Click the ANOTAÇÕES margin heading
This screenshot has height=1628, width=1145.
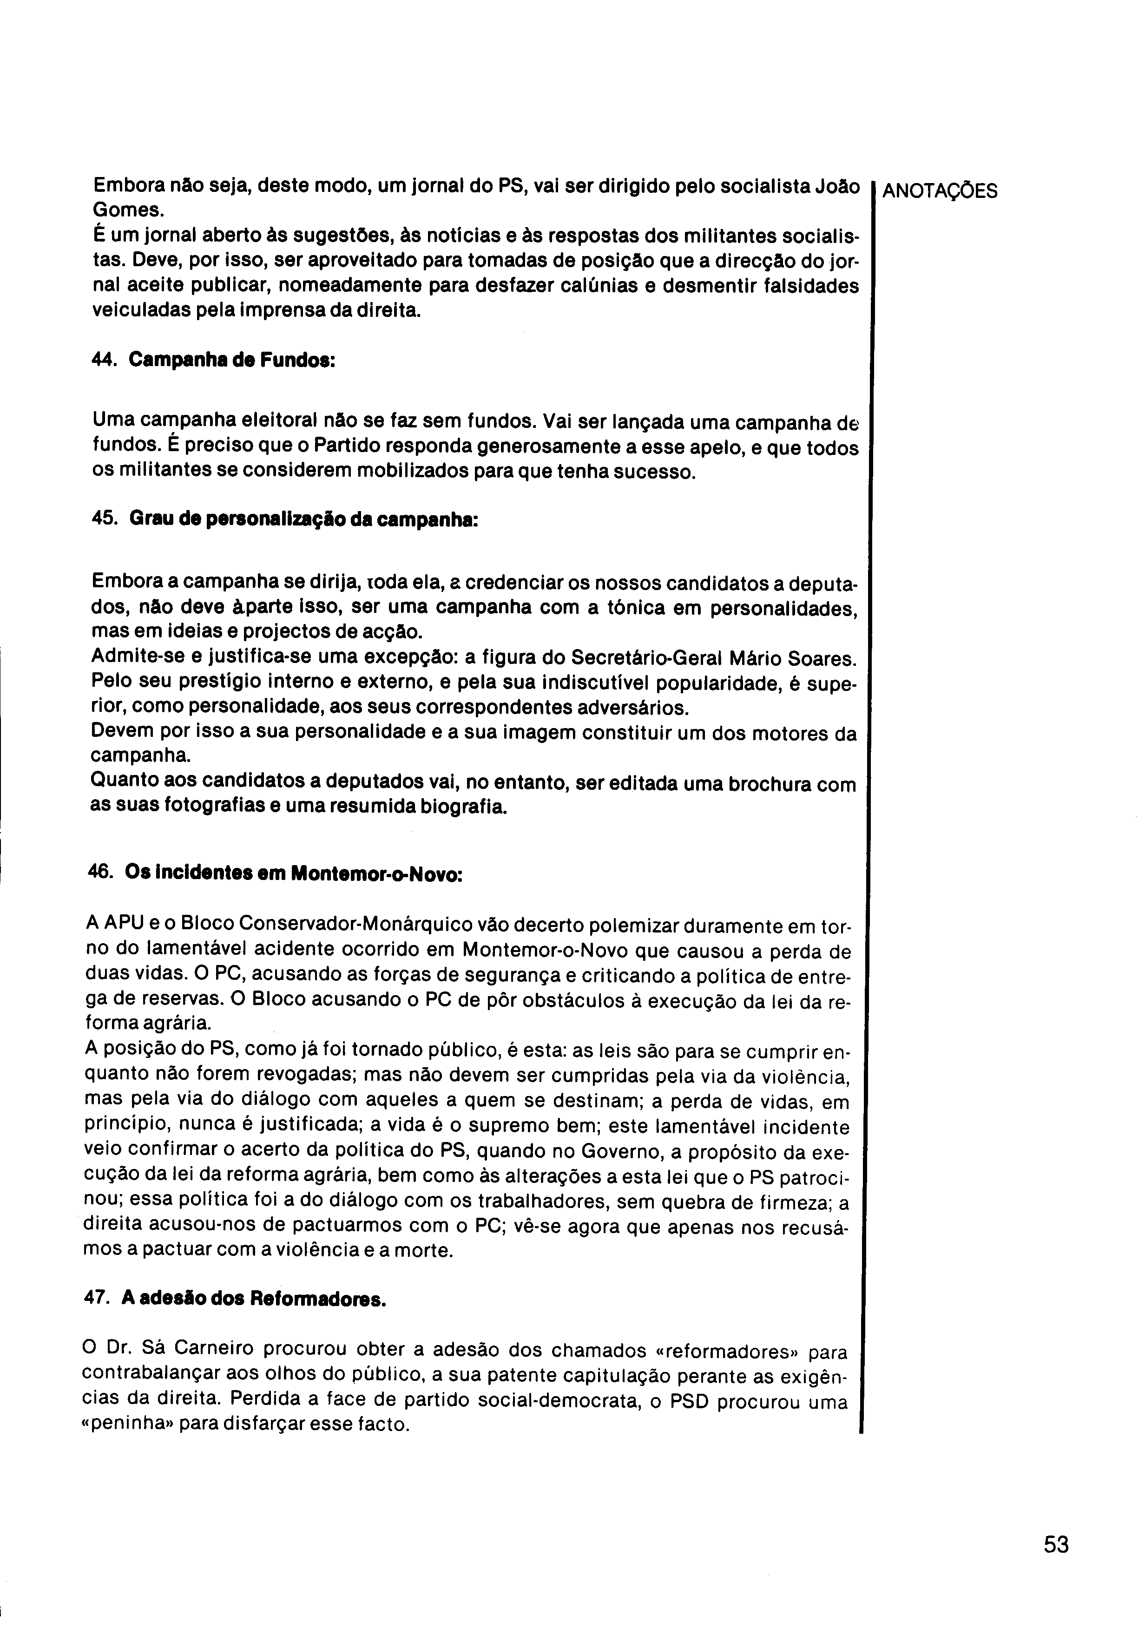coord(940,191)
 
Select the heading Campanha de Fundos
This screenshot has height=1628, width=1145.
coord(231,360)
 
